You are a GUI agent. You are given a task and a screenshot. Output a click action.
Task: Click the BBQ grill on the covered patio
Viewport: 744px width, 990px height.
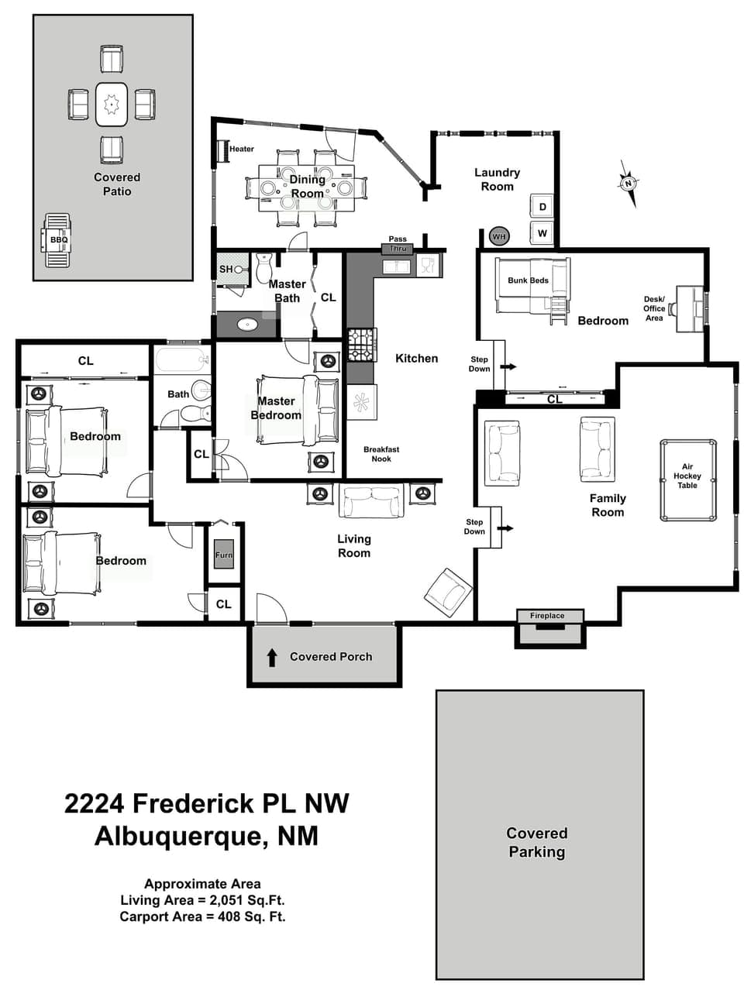[58, 240]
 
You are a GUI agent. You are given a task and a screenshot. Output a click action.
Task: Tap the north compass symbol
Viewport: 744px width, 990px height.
[629, 184]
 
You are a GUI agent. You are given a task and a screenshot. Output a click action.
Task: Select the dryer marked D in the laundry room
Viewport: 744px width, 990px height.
[542, 207]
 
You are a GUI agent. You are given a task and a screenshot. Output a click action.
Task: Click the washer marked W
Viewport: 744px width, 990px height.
[542, 232]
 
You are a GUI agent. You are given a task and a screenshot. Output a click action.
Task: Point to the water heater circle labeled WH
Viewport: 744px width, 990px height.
[499, 236]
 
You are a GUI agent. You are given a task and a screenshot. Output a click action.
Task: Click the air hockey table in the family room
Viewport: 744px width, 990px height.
[688, 480]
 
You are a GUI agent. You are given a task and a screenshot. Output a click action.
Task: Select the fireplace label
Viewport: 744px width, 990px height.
[547, 616]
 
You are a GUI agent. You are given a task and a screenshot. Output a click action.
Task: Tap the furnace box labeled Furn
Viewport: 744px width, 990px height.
[223, 555]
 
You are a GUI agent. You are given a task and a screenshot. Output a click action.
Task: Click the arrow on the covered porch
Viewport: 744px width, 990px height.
[272, 658]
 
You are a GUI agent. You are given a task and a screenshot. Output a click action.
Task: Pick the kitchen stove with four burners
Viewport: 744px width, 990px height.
[361, 345]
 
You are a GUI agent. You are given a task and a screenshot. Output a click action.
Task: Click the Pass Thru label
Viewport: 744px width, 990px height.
[398, 244]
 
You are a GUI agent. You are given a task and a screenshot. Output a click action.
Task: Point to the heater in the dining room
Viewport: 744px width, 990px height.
[222, 150]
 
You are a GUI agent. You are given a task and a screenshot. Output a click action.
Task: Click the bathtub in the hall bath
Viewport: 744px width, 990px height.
[182, 361]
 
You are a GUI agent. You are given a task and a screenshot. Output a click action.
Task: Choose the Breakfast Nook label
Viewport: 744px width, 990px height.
[381, 454]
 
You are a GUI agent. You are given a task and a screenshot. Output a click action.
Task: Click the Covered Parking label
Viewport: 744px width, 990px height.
[536, 842]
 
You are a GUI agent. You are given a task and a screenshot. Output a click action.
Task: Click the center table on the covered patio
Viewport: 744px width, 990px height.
[112, 104]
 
